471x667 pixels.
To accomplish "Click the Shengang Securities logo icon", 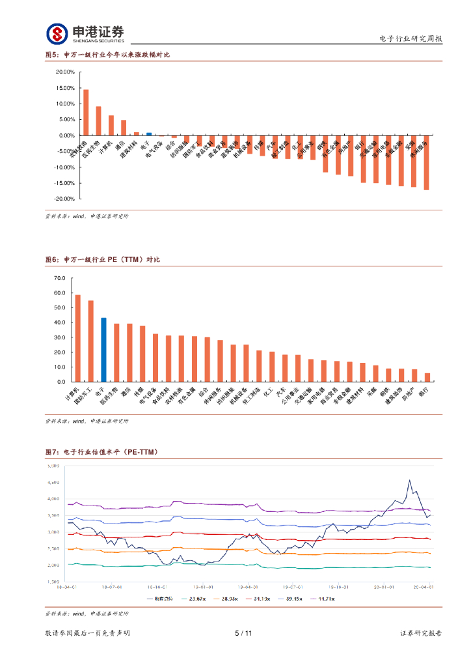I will point(57,33).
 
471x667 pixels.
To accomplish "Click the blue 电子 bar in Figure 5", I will point(149,134).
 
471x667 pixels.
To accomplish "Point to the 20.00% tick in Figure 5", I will point(65,72).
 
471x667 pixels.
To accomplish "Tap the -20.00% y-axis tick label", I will point(64,199).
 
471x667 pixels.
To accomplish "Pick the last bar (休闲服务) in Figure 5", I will point(426,162).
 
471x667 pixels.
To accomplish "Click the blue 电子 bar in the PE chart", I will point(103,350).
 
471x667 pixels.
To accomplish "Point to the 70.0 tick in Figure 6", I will point(60,278).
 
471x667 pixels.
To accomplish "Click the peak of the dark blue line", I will point(409,480).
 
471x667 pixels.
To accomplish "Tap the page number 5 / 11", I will point(243,633).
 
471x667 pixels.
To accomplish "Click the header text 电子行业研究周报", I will point(410,39).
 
